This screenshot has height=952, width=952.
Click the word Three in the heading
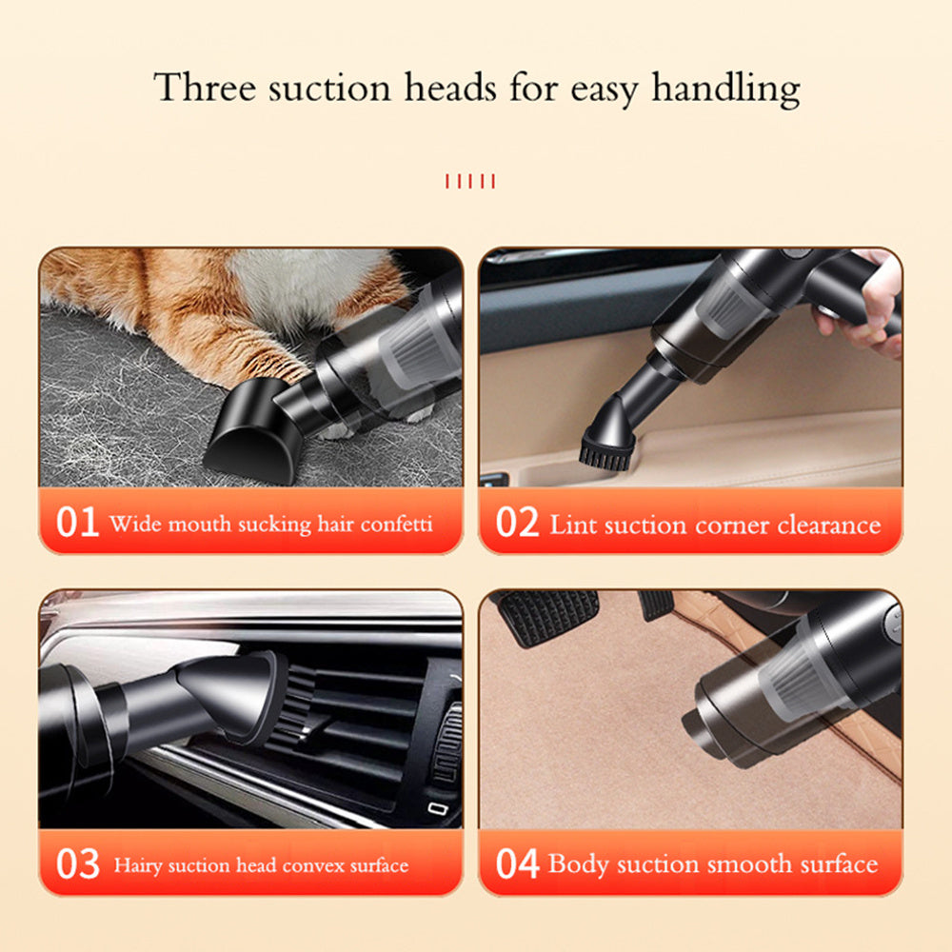pos(205,89)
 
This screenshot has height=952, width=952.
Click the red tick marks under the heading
pos(470,181)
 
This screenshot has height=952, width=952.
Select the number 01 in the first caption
pos(77,523)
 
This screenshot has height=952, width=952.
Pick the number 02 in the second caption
pos(517,523)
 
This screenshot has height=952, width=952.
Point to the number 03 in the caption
pos(77,864)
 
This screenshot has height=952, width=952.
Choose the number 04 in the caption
pos(517,864)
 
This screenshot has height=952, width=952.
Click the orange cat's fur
pos(190,295)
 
